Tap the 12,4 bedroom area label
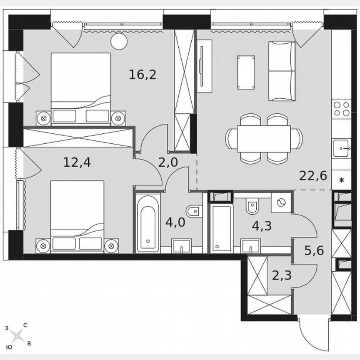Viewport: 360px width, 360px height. point(77,161)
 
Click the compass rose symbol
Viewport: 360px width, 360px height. point(17,335)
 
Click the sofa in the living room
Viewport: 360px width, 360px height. point(281,71)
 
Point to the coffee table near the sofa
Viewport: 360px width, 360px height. point(246,72)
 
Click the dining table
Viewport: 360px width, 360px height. point(264,139)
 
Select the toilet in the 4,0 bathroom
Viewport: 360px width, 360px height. point(193,212)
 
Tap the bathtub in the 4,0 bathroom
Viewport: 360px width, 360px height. point(148,222)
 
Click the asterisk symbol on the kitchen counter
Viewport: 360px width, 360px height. point(342,180)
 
